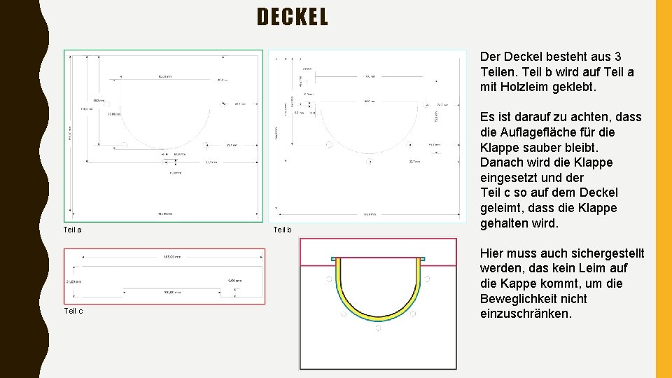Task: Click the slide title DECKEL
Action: [293, 17]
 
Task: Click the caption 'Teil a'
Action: [73, 230]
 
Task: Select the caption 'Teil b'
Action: [282, 230]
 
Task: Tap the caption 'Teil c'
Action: [73, 311]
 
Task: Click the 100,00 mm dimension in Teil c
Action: [172, 291]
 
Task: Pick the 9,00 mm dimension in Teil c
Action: [234, 281]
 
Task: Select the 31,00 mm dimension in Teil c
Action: [73, 281]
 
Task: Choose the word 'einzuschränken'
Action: [526, 314]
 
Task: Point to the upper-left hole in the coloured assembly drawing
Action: [328, 279]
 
